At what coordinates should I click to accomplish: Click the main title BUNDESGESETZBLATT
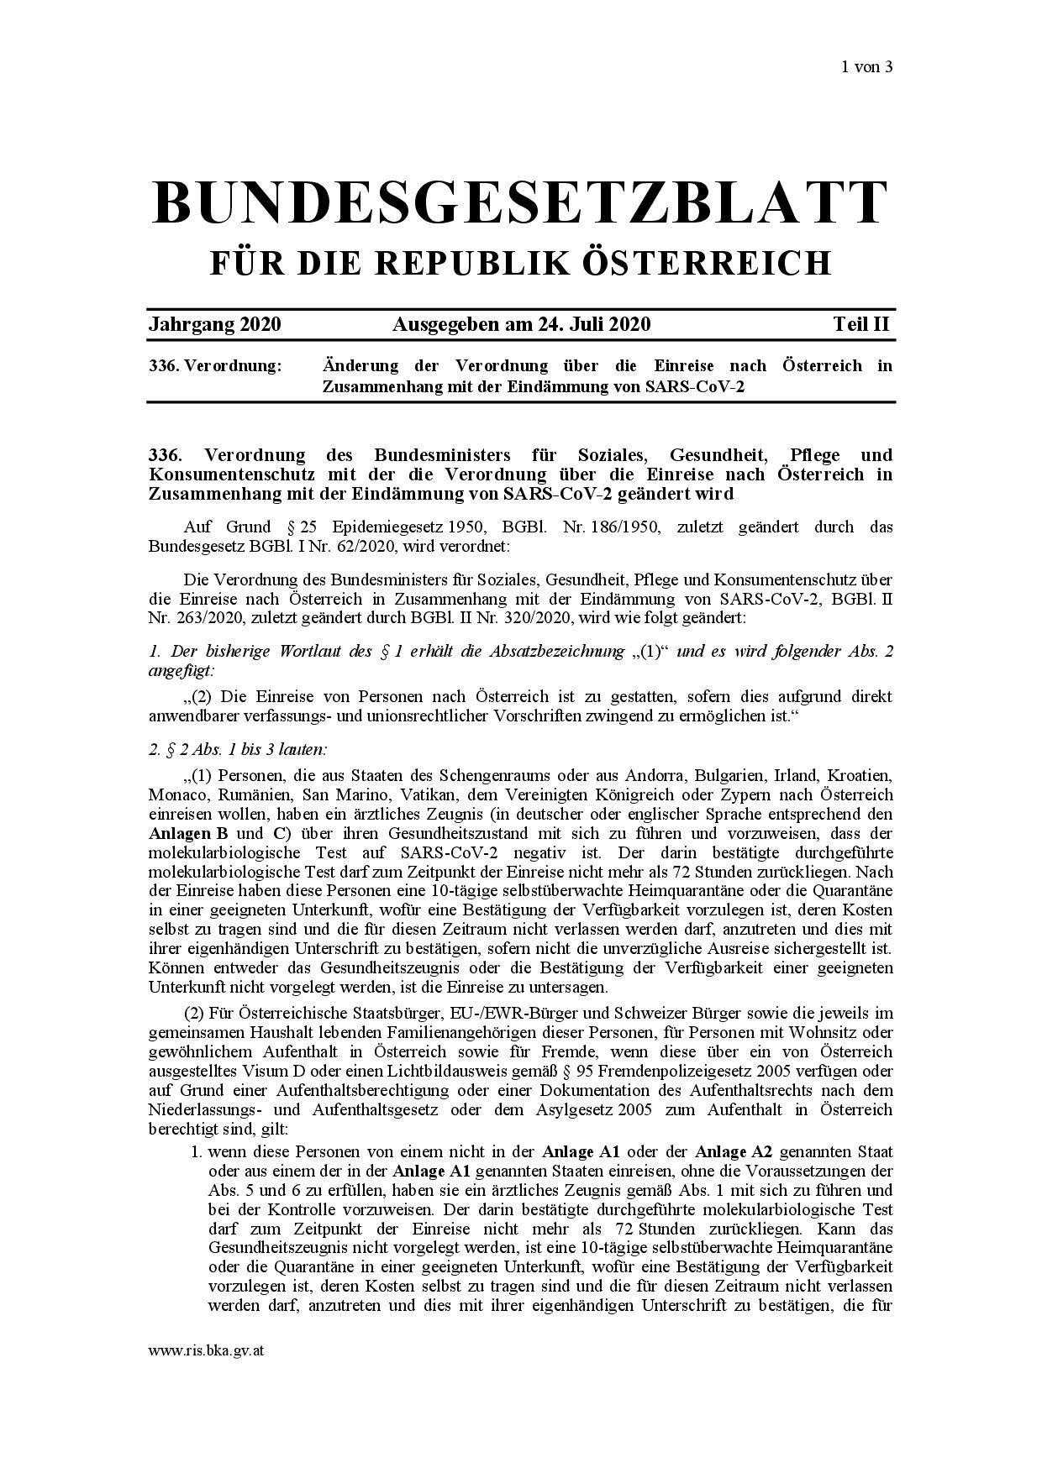[x=520, y=202]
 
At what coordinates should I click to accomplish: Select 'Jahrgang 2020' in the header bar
[x=214, y=324]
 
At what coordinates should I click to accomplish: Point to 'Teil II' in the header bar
[x=861, y=324]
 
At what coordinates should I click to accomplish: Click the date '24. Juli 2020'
[x=593, y=324]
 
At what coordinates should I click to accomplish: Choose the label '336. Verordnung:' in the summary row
[x=215, y=366]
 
